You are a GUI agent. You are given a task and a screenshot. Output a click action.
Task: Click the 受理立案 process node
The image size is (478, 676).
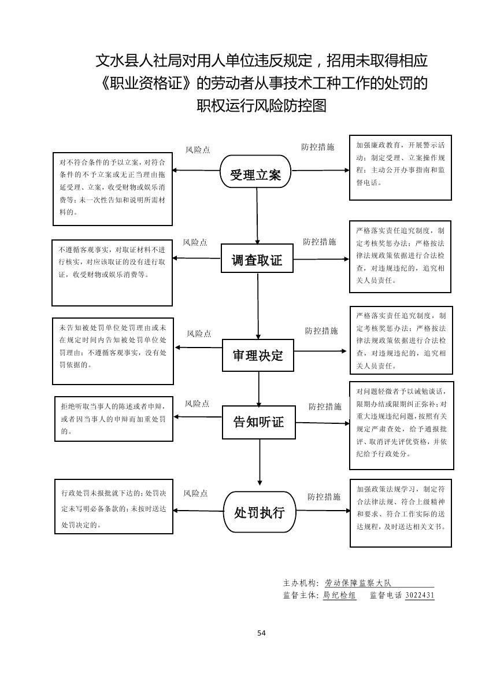click(x=255, y=172)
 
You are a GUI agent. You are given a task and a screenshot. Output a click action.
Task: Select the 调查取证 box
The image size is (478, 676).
click(x=257, y=260)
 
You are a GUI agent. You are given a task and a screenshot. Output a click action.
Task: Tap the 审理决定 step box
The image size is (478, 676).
click(x=258, y=355)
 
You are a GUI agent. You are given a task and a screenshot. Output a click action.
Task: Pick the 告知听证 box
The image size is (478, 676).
click(x=258, y=422)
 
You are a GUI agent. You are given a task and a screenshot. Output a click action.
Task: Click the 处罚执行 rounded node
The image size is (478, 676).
click(x=259, y=512)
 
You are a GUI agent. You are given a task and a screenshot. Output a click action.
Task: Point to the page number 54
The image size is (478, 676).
click(x=261, y=633)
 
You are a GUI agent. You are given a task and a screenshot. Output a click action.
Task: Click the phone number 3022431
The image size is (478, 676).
click(x=420, y=595)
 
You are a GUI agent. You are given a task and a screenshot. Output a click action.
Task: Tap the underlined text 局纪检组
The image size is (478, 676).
click(x=339, y=595)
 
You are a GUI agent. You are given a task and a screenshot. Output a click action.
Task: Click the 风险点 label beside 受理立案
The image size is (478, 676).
click(x=198, y=150)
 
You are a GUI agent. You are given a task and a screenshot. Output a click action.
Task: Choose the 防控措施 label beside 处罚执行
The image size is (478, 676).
click(x=324, y=497)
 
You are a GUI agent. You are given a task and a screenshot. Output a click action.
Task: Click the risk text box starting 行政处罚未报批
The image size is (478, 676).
click(x=113, y=507)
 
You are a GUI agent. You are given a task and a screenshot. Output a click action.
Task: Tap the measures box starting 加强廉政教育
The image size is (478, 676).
click(x=401, y=168)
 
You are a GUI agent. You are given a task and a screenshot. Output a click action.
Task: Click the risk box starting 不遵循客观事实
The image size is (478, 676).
click(x=112, y=272)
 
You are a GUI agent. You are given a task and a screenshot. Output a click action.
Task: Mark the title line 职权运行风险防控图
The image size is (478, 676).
click(x=261, y=106)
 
